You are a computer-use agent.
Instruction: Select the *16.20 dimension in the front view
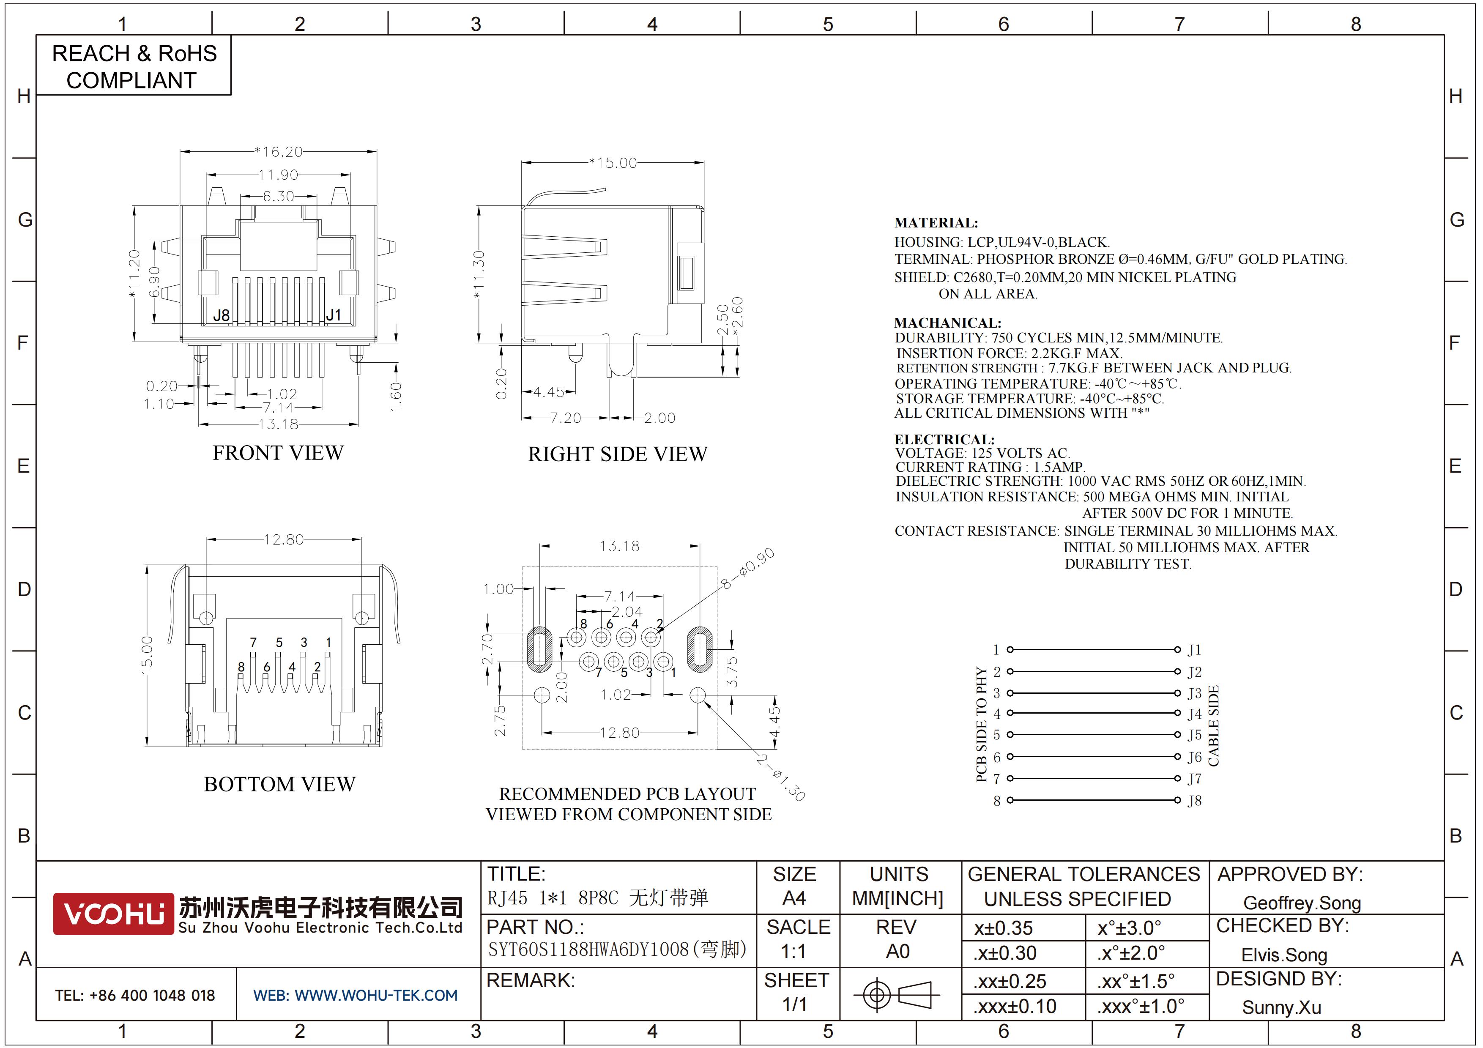click(279, 152)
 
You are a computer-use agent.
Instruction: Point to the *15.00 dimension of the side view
click(612, 163)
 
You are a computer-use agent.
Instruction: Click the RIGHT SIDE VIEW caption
click(618, 454)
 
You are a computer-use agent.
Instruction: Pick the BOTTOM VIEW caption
click(280, 784)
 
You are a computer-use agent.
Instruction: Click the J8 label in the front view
click(221, 315)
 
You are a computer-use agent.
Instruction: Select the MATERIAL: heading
click(936, 223)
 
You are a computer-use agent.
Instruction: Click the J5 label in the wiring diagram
click(1194, 735)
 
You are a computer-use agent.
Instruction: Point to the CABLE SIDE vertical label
click(1213, 726)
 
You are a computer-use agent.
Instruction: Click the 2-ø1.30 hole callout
click(781, 777)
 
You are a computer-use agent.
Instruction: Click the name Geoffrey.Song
click(1302, 903)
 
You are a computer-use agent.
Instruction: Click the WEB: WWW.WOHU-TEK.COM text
click(355, 995)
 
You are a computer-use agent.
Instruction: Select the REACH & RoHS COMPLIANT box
click(134, 66)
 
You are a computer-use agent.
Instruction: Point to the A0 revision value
click(898, 951)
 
